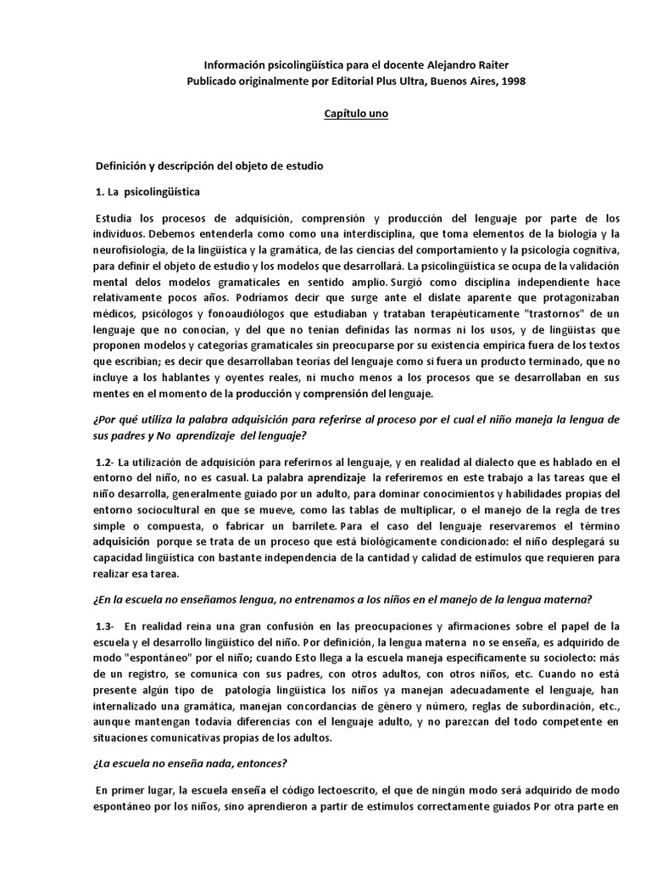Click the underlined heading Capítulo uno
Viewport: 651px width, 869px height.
point(356,114)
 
